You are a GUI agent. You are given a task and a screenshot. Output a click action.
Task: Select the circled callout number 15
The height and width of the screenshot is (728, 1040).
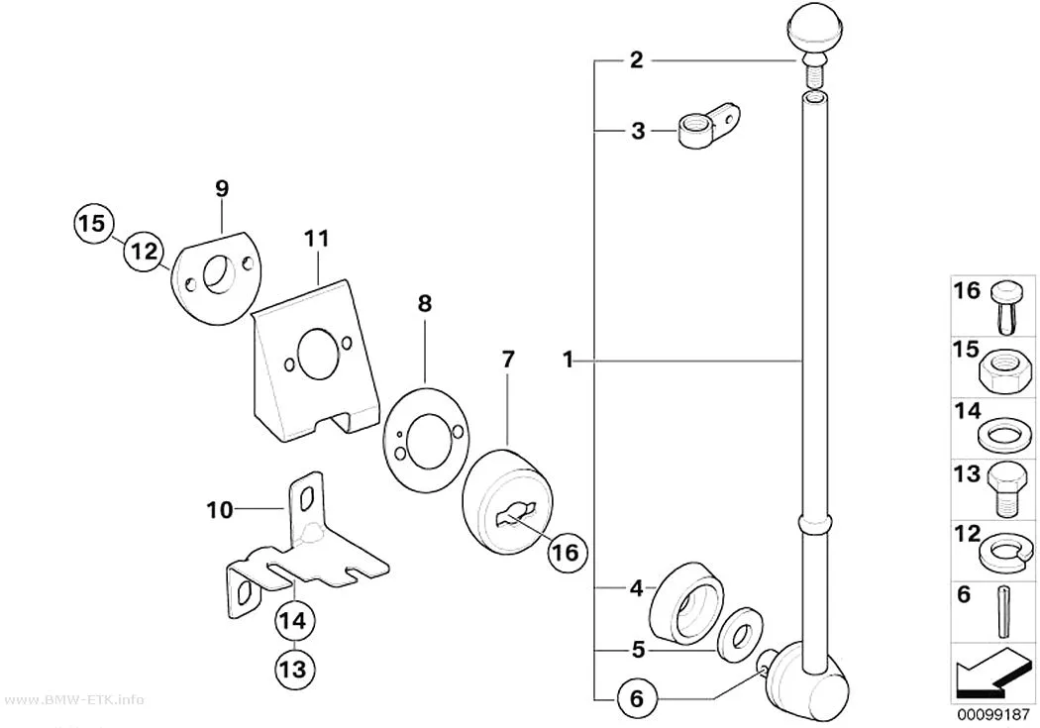pyautogui.click(x=93, y=223)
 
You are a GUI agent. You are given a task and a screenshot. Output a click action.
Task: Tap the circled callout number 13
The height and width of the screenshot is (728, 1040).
pyautogui.click(x=293, y=669)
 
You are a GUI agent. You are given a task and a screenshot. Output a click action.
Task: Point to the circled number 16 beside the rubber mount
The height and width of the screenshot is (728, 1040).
pyautogui.click(x=568, y=553)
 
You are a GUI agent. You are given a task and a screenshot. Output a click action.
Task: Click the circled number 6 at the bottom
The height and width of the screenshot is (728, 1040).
pyautogui.click(x=636, y=699)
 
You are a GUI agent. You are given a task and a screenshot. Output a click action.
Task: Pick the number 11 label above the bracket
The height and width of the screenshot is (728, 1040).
pyautogui.click(x=316, y=239)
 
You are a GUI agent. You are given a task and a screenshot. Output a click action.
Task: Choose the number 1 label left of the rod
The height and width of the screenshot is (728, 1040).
pyautogui.click(x=568, y=361)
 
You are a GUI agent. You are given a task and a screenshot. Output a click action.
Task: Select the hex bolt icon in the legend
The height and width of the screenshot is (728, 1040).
pyautogui.click(x=1006, y=489)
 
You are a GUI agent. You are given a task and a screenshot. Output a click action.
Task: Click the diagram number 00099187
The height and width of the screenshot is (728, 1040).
pyautogui.click(x=992, y=715)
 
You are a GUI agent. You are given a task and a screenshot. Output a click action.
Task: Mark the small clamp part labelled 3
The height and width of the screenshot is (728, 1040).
pyautogui.click(x=707, y=126)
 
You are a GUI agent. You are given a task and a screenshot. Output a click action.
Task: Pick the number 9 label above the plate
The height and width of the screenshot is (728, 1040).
pyautogui.click(x=222, y=189)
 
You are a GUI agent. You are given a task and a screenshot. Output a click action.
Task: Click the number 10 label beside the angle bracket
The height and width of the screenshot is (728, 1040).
pyautogui.click(x=220, y=510)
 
